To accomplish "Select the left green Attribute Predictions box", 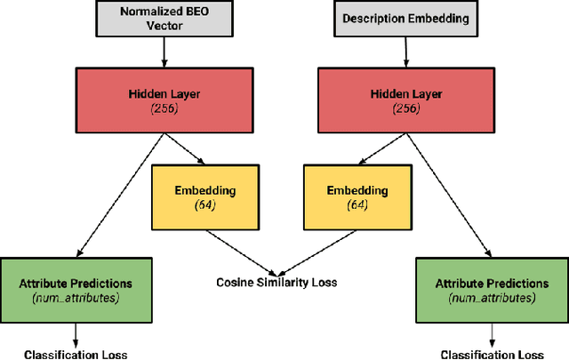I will pos(76,290).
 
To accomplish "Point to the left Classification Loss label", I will pos(76,353).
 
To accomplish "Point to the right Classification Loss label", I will pos(493,353).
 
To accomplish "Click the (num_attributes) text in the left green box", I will pos(76,298).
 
